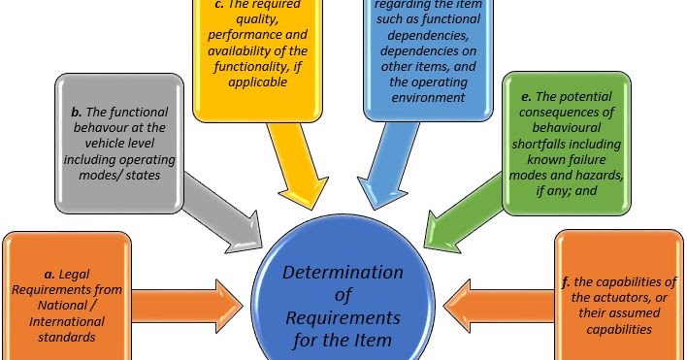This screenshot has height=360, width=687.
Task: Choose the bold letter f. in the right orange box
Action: click(568, 282)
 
